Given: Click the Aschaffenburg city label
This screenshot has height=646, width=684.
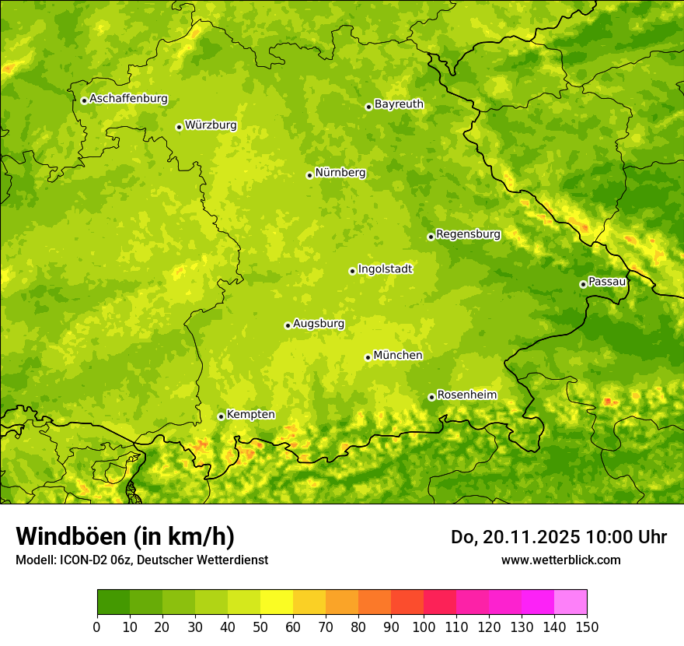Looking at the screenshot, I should coord(128,99).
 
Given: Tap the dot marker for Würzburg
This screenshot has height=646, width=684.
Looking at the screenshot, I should coord(179,127).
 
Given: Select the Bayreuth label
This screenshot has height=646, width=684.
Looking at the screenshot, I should coord(399,104).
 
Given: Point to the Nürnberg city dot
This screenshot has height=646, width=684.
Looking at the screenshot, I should coord(309,175).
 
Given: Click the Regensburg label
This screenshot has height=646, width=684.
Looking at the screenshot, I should coord(468,233).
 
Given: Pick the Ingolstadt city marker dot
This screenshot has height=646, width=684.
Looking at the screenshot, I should coord(352,271).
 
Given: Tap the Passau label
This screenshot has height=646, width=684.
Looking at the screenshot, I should coord(607,281).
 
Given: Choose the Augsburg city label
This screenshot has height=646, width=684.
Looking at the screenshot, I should coord(319,323).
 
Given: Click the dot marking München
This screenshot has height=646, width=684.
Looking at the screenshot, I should coord(368,357).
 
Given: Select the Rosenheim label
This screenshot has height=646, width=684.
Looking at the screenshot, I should coord(466,395).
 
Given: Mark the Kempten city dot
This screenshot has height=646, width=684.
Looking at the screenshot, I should coord(221,416).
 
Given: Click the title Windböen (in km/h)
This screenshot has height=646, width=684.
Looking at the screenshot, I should coord(124,536).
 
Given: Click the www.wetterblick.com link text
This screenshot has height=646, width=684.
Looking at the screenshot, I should coord(560,560).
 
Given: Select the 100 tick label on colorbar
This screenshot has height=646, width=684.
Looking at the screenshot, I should coord(424,627).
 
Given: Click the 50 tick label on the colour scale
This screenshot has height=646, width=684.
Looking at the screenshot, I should coord(260,627).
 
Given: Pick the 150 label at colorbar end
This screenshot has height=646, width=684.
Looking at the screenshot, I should coord(587,627).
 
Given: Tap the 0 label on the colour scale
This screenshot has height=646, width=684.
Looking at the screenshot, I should coord(97,627).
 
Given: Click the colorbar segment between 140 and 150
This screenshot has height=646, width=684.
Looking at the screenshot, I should coord(571,602).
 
